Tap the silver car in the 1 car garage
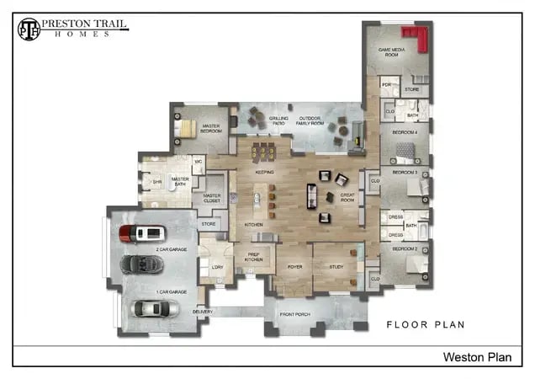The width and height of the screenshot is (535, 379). tap(156, 308)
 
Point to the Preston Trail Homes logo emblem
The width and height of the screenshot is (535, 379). tap(29, 29)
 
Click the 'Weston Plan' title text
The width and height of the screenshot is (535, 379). tap(476, 358)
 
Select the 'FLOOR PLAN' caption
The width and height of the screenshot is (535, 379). tap(425, 323)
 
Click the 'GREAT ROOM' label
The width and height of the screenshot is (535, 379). tap(348, 197)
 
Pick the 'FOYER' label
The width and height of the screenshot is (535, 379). tap(294, 267)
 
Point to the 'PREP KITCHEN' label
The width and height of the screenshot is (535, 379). tap(254, 256)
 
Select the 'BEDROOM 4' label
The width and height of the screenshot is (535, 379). tap(405, 132)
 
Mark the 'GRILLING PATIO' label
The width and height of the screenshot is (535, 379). tap(278, 121)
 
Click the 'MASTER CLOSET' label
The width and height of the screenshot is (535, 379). tap(213, 199)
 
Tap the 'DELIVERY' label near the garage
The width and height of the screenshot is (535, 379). tap(202, 312)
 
